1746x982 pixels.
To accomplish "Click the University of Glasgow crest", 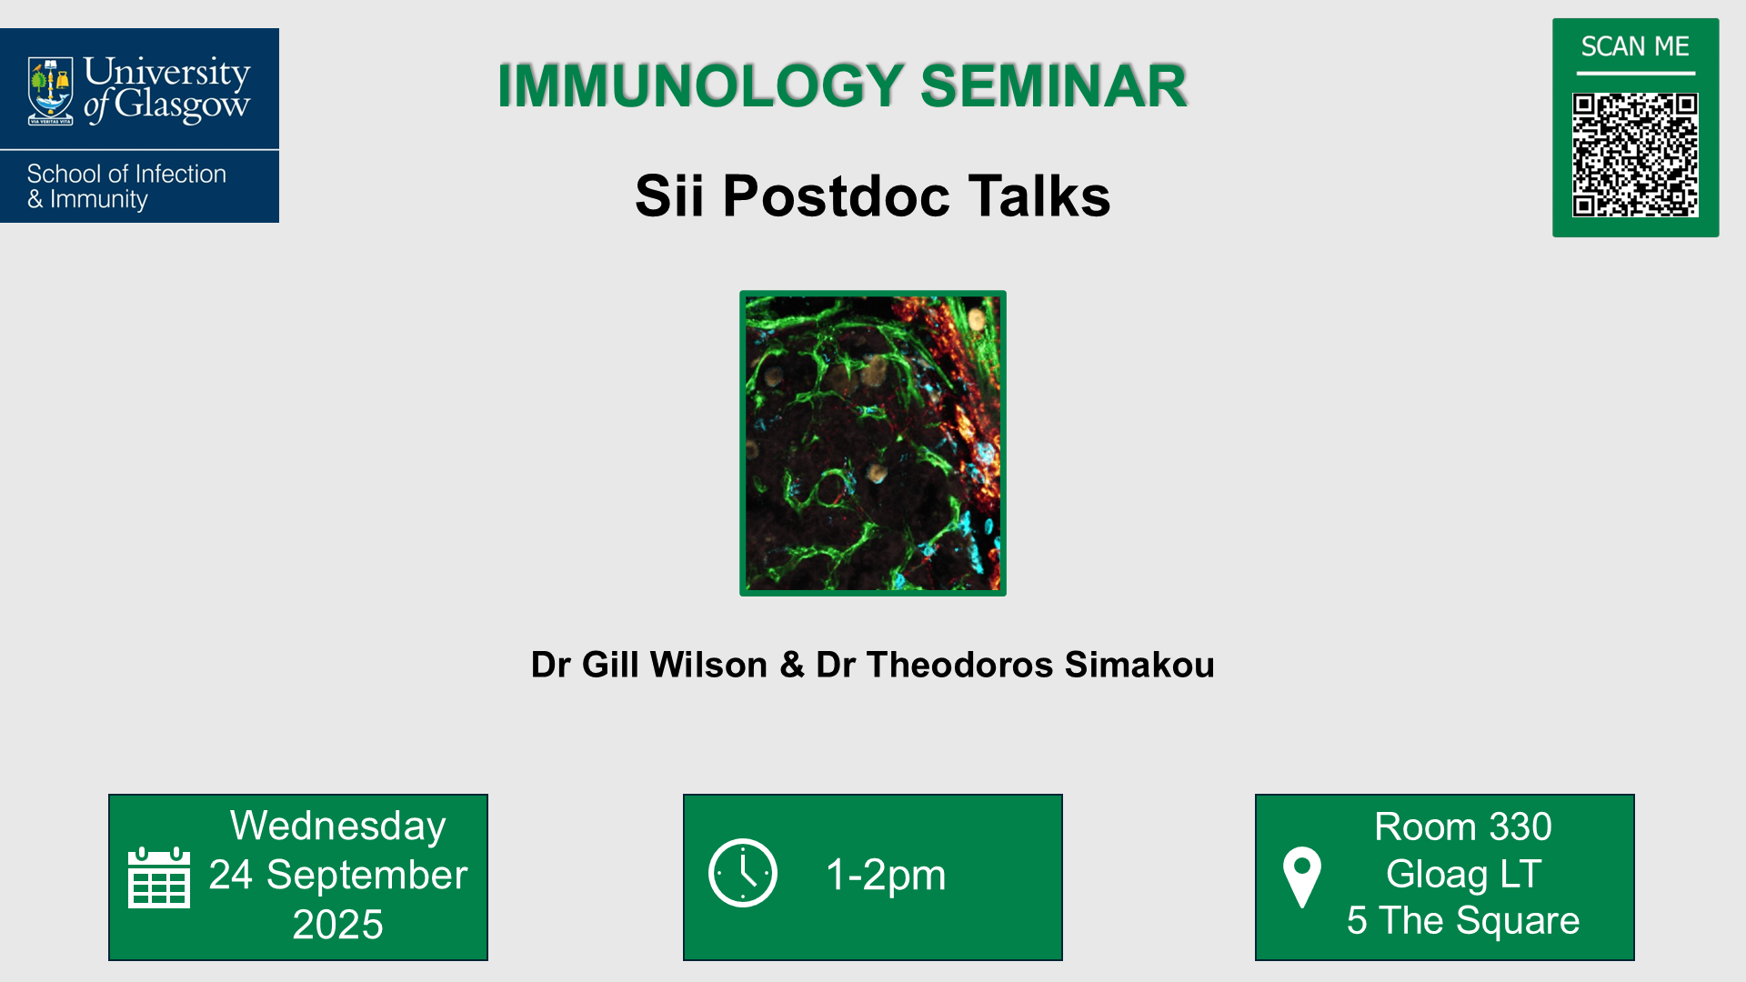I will pos(51,91).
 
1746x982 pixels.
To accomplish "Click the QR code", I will pos(1635,155).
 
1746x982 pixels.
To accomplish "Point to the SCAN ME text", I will pos(1635,46).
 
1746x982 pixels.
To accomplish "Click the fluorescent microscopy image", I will pos(873,443).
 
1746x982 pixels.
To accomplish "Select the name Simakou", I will pos(1139,665).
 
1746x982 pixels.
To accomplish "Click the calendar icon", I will pos(159,877).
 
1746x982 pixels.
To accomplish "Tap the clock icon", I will pos(743,873).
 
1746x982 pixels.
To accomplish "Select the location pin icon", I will pos(1301,877).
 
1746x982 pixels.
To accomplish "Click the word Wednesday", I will pos(337,827).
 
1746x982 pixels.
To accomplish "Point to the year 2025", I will pos(337,924).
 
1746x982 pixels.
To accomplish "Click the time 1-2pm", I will pos(886,875).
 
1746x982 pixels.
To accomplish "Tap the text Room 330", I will pos(1462,827).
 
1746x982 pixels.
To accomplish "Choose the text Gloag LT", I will pos(1462,874).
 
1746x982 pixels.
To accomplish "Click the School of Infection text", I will pos(126,174).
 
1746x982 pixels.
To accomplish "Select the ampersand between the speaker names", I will pos(792,665).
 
